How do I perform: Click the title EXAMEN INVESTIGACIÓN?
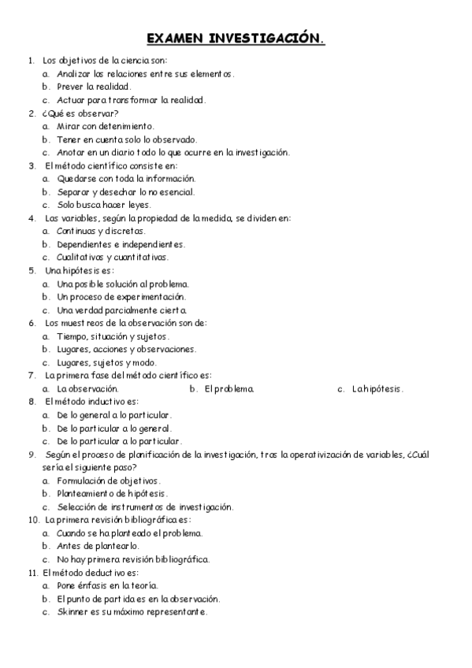click(x=236, y=39)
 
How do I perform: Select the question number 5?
click(x=31, y=270)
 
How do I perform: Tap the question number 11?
click(x=32, y=573)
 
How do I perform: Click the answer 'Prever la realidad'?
click(x=94, y=87)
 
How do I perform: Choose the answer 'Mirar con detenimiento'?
click(x=106, y=126)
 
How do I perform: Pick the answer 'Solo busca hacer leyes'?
click(x=103, y=205)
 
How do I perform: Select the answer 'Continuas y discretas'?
click(x=101, y=231)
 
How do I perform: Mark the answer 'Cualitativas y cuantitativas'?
click(x=112, y=257)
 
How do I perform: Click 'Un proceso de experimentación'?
click(x=121, y=297)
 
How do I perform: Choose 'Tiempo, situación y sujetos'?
click(x=113, y=336)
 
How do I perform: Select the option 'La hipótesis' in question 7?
click(x=377, y=388)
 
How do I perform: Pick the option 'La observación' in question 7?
click(x=87, y=388)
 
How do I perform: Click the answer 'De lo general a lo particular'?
click(x=114, y=415)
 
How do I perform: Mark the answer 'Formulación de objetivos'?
click(x=109, y=481)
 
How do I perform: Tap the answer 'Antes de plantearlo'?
click(x=97, y=546)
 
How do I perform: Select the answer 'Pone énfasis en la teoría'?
click(x=108, y=585)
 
